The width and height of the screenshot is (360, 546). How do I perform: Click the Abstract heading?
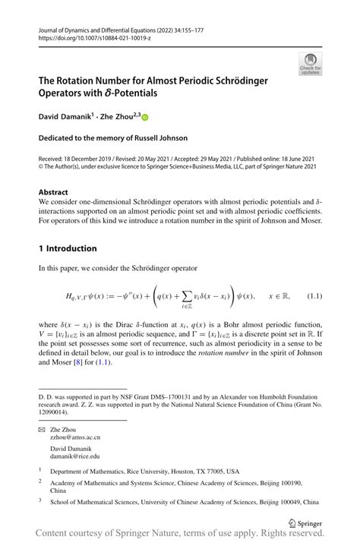coord(52,193)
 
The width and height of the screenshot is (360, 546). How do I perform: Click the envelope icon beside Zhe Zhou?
coord(43,430)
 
